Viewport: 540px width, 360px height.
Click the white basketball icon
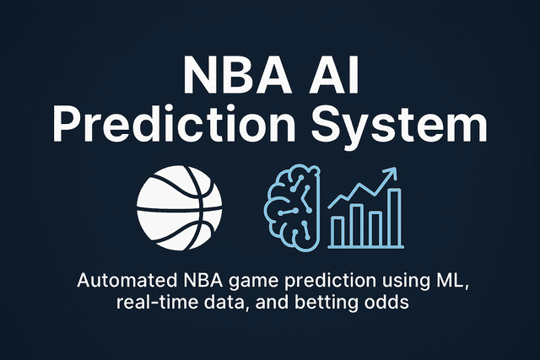(x=181, y=205)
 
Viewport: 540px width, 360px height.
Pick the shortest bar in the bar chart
(x=337, y=228)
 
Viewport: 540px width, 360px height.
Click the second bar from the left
(x=356, y=223)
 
